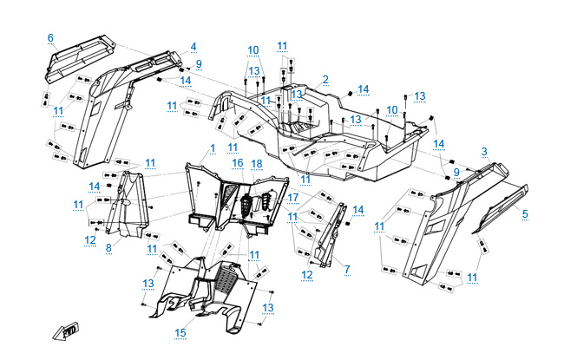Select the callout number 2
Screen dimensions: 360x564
325,80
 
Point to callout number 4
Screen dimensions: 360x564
193,47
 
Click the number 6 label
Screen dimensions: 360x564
50,37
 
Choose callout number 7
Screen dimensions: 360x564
346,270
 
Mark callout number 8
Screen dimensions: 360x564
108,248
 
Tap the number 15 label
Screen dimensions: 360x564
180,332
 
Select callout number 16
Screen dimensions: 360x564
237,163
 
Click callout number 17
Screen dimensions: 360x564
293,197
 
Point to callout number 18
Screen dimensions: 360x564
257,163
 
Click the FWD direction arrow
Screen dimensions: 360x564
67,331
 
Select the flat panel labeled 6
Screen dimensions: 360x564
78,56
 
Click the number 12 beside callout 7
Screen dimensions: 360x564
306,275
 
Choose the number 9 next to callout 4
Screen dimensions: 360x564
198,64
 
